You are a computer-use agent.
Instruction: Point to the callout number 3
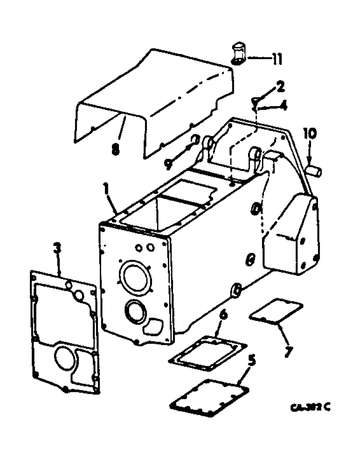pyautogui.click(x=57, y=250)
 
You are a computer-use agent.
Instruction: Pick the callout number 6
pyautogui.click(x=223, y=315)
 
